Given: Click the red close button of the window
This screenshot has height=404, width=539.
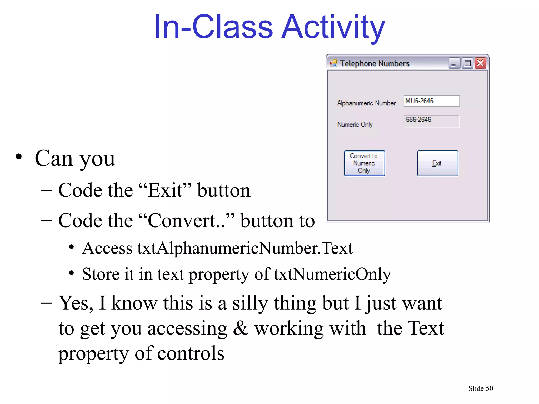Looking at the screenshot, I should (x=480, y=63).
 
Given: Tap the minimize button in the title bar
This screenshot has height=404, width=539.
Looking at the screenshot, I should (x=454, y=63).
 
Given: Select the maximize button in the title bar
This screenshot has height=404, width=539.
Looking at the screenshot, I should (x=467, y=63).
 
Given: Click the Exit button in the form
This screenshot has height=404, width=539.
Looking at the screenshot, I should (x=437, y=163).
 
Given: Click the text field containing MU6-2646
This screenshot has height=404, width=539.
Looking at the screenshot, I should (x=432, y=101).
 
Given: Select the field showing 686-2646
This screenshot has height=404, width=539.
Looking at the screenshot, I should (x=432, y=121).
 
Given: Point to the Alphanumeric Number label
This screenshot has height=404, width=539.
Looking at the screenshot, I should (x=366, y=103).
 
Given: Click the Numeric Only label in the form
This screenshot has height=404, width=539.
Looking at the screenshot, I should (x=355, y=124).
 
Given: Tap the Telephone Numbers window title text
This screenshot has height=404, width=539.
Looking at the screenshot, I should (x=375, y=64).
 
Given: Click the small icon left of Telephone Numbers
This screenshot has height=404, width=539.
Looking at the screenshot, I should (x=333, y=63).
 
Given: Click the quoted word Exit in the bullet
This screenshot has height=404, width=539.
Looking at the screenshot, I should (x=165, y=190).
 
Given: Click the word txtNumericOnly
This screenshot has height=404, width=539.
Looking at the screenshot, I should (x=332, y=274).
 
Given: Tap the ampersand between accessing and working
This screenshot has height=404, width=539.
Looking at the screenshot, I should (x=241, y=328).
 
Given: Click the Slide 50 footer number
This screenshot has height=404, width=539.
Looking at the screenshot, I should (x=481, y=388).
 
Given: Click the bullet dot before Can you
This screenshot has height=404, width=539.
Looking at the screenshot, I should (x=19, y=157).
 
